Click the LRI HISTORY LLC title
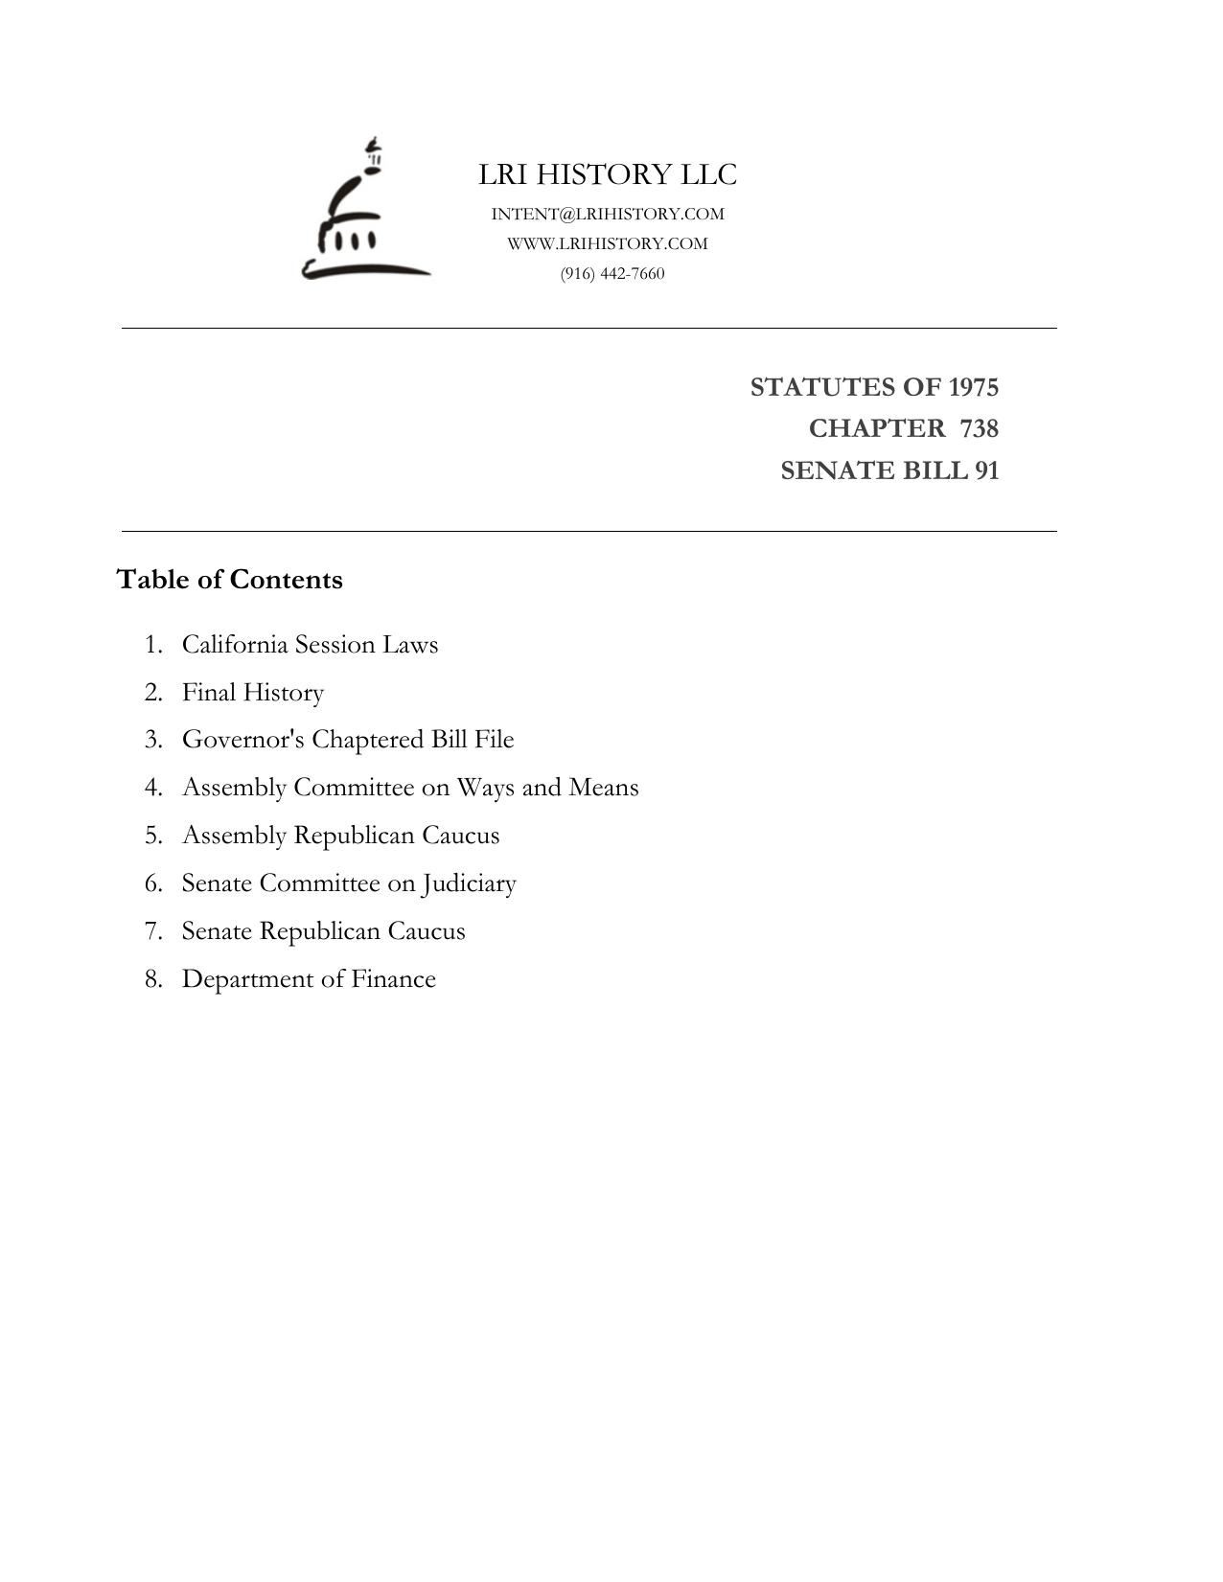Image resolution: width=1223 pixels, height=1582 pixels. (x=608, y=174)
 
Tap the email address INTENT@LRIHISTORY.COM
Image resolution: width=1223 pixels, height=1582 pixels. (x=608, y=214)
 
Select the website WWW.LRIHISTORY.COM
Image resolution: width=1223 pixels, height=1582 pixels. (x=608, y=243)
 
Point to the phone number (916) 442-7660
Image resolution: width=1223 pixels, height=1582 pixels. (x=612, y=273)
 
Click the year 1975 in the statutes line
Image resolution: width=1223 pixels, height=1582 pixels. (x=973, y=387)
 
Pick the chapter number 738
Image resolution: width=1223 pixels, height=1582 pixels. (x=979, y=428)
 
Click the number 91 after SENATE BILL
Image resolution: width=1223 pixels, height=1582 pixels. (x=986, y=470)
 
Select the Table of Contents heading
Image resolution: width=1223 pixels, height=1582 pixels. (x=229, y=580)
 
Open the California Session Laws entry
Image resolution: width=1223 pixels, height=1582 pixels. (x=310, y=644)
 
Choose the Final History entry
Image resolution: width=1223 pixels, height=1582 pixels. (x=253, y=692)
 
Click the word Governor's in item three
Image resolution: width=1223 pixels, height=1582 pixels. (x=243, y=740)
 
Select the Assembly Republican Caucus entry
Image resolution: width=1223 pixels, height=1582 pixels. (x=340, y=836)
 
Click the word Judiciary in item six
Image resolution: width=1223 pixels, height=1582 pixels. (x=469, y=883)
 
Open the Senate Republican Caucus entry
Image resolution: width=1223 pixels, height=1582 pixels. (x=323, y=931)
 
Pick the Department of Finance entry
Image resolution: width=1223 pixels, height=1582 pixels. (x=309, y=979)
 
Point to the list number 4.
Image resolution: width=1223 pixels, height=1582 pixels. (x=153, y=788)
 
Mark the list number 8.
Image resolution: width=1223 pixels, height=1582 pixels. (x=153, y=979)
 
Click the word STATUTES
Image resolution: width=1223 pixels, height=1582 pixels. (x=819, y=387)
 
